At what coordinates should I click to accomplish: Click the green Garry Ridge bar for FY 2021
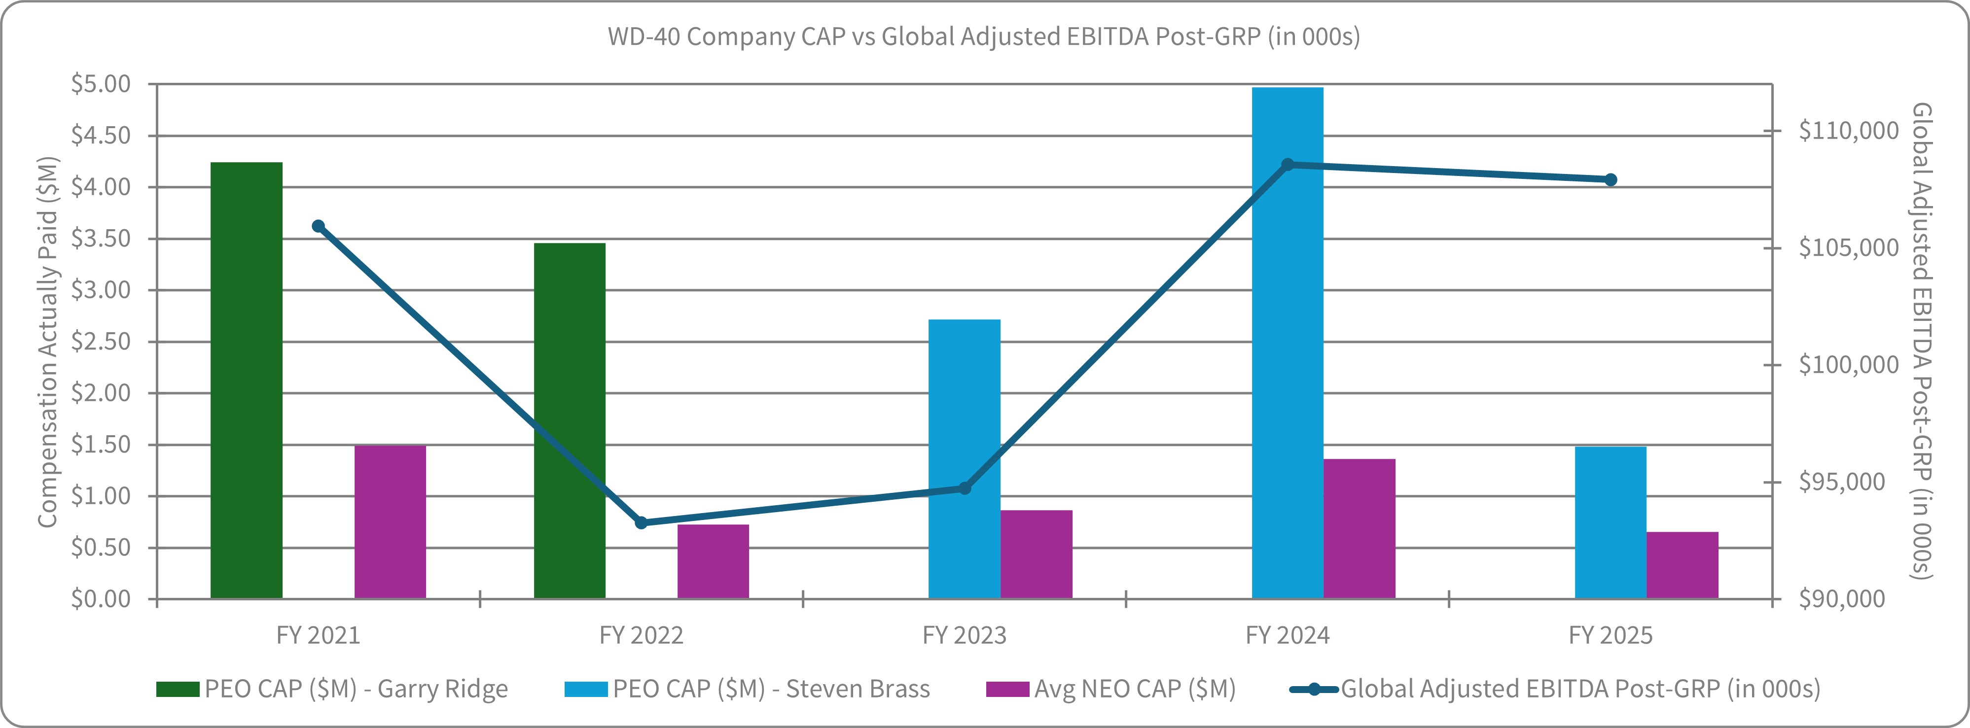click(246, 380)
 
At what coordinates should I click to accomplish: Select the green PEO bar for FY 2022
click(569, 420)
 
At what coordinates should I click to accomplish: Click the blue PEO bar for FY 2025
click(1610, 522)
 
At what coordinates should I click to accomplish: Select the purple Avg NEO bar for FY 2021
click(390, 521)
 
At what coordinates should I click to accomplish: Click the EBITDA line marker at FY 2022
click(641, 523)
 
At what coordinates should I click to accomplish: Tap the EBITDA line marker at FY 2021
click(318, 226)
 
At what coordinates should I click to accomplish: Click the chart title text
click(983, 36)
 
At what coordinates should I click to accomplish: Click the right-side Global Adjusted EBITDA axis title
click(1921, 342)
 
